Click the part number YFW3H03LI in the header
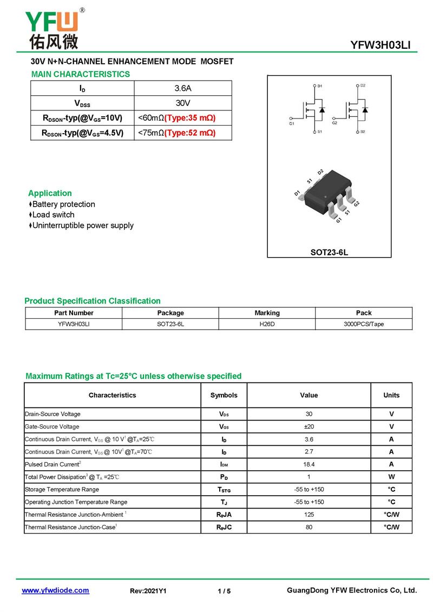point(380,45)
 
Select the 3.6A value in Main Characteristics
point(182,88)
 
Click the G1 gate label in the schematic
point(291,124)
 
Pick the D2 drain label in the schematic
point(363,86)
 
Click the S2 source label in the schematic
point(363,131)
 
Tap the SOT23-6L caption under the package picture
point(329,252)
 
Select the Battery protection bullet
point(63,204)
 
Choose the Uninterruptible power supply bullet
point(83,225)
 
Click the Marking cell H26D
point(267,324)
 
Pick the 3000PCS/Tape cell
point(364,324)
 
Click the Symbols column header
point(224,395)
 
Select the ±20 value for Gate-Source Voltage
point(309,426)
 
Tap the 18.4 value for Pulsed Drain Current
point(309,464)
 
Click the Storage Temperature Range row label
point(62,489)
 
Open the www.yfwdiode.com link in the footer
point(55,590)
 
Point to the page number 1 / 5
point(224,591)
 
